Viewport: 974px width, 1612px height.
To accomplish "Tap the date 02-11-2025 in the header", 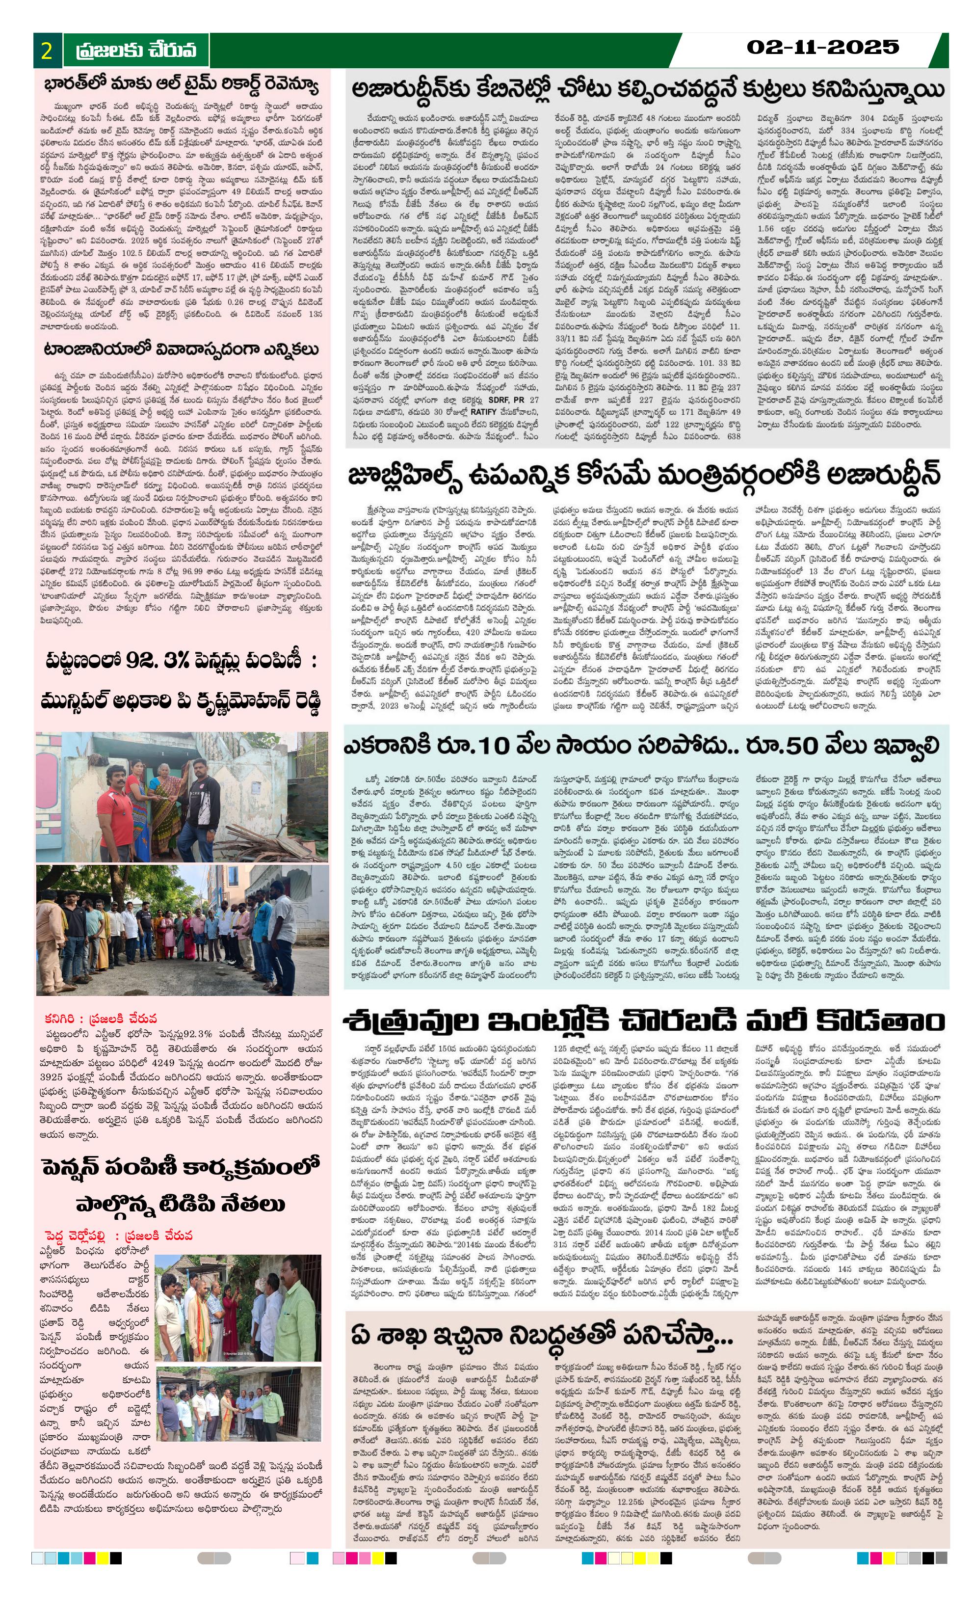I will [x=822, y=47].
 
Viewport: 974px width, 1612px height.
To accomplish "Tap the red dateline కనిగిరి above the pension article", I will [x=62, y=1019].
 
